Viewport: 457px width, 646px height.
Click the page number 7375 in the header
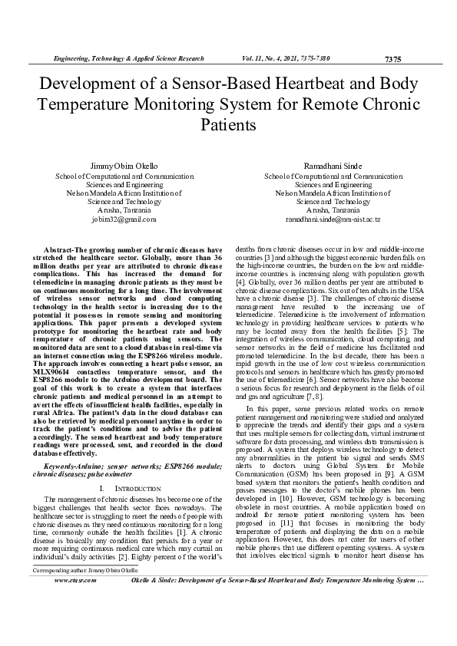[392, 59]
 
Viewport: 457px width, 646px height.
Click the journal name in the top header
[127, 58]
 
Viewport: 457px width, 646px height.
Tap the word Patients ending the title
[228, 123]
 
